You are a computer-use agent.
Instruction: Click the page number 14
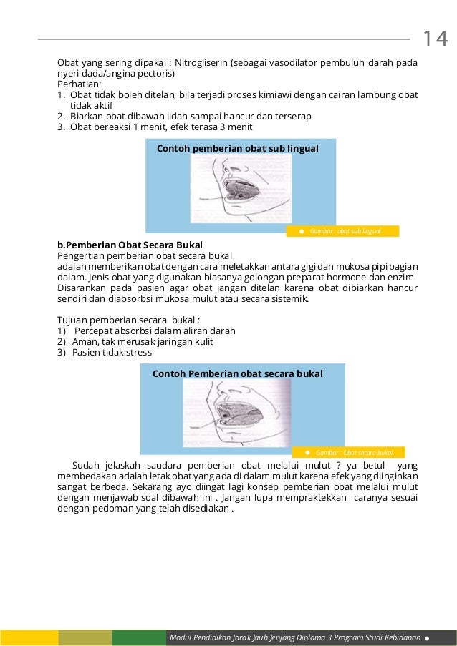tap(434, 38)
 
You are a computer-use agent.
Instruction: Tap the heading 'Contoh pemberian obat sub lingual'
tap(237, 147)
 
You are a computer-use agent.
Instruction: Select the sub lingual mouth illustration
tap(239, 189)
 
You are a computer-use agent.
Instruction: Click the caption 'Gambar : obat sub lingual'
tap(347, 231)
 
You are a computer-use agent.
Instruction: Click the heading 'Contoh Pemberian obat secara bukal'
tap(238, 373)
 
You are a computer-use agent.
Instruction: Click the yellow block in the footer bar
tap(29, 637)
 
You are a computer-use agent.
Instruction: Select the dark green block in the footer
tap(138, 637)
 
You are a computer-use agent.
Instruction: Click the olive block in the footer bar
tap(85, 637)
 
